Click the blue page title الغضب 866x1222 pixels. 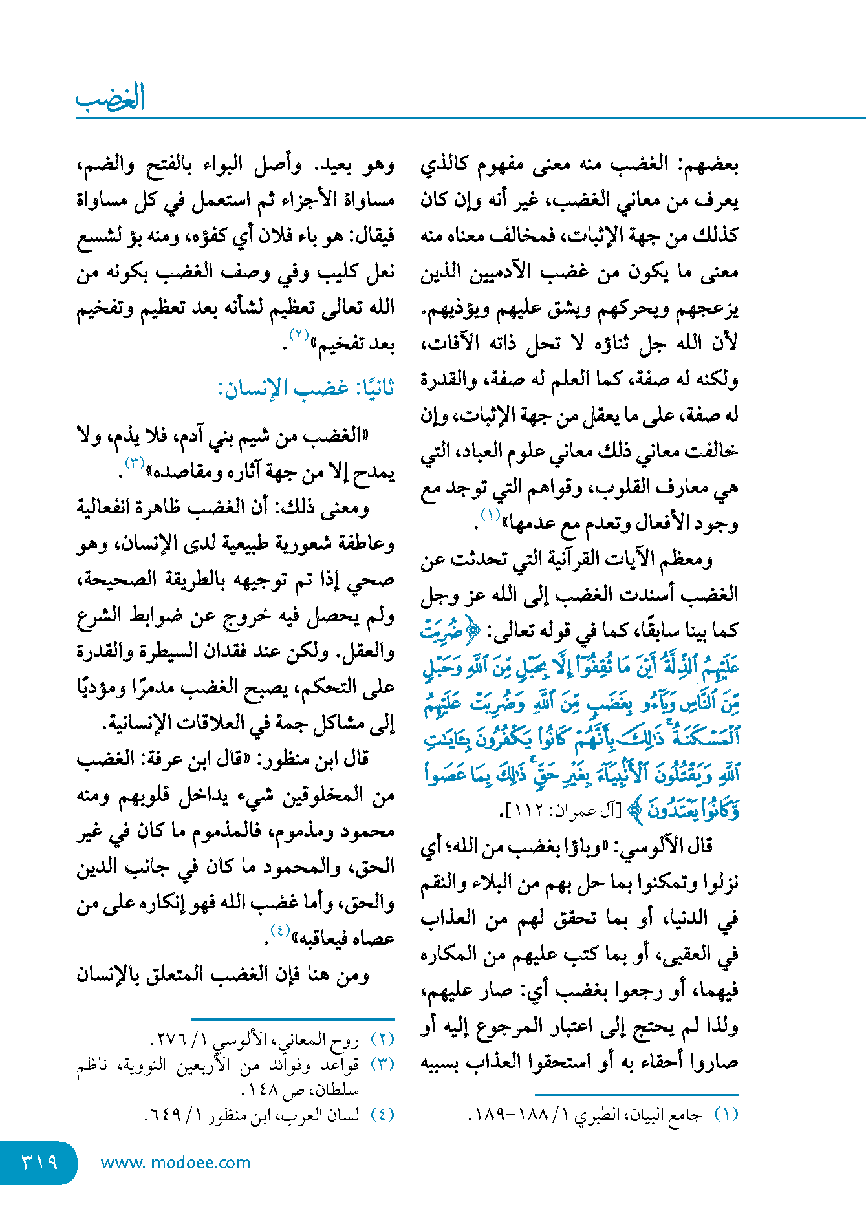coord(110,98)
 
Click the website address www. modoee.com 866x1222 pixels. coord(175,1163)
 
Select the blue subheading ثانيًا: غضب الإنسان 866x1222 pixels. coord(306,389)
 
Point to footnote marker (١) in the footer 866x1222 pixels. coord(726,1115)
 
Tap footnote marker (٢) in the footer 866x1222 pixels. coord(382,1040)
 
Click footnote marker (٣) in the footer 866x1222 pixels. coord(382,1064)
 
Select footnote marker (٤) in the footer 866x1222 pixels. coord(382,1115)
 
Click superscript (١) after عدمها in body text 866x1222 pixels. coord(490,515)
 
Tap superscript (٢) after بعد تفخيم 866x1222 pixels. coord(299,335)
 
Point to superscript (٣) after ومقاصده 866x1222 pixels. coord(135,463)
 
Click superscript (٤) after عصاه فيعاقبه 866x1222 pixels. coord(279,930)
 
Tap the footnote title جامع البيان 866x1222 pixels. coord(669,1115)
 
